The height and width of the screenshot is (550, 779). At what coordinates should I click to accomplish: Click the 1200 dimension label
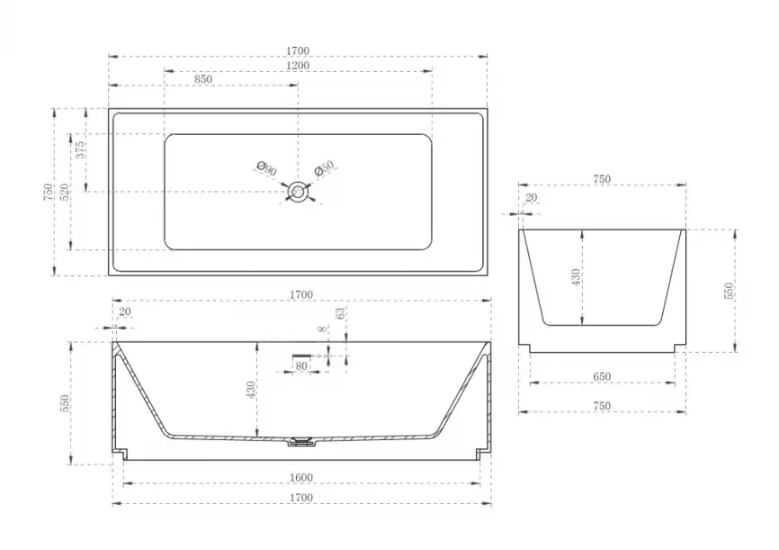click(298, 66)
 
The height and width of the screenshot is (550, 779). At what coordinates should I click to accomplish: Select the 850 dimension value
click(203, 79)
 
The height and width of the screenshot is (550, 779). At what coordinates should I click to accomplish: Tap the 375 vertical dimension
click(80, 150)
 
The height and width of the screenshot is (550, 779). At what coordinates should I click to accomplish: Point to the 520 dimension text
click(65, 192)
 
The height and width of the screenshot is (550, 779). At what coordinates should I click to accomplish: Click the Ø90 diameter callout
click(267, 168)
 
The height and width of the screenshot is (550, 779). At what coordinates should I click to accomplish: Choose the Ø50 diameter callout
click(324, 168)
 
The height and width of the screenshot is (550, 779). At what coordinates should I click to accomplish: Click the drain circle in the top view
click(298, 192)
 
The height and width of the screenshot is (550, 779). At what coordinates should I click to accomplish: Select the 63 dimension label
click(340, 313)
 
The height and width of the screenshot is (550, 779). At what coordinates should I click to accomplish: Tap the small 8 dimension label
click(324, 329)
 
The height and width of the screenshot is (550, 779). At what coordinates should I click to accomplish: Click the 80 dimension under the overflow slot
click(301, 366)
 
